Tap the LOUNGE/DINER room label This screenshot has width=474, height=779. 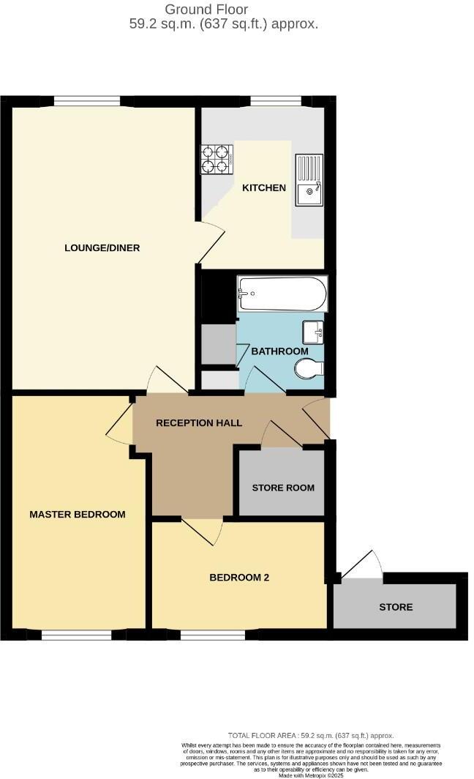click(102, 247)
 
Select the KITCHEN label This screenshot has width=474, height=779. click(264, 188)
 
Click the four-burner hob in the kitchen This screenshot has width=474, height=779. click(217, 160)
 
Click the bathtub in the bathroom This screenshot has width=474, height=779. click(282, 294)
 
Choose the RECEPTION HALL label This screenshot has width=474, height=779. click(199, 423)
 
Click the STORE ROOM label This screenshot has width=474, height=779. click(283, 488)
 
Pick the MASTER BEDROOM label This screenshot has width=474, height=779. click(77, 514)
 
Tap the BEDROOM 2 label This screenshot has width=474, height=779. click(239, 577)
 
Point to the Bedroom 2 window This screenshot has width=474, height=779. click(203, 634)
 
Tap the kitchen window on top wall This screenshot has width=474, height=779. click(276, 101)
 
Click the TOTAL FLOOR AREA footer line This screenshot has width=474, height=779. click(311, 736)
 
